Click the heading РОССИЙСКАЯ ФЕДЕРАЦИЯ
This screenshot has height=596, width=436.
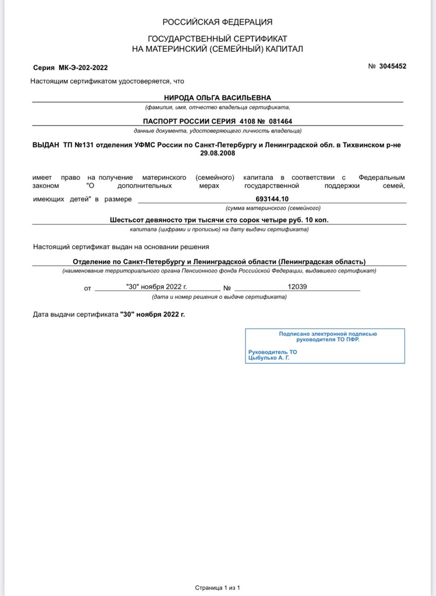[217, 22]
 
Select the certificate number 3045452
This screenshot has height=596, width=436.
[393, 66]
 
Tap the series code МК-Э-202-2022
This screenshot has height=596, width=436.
[83, 68]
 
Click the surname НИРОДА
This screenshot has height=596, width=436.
[179, 98]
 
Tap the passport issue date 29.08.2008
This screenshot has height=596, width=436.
[217, 153]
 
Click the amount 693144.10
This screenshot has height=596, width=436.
[272, 199]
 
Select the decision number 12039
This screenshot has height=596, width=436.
[297, 287]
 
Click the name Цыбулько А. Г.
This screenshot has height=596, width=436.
[269, 358]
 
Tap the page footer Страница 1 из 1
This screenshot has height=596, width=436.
[217, 588]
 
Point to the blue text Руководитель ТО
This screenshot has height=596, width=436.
[273, 352]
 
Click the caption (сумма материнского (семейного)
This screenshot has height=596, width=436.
[273, 208]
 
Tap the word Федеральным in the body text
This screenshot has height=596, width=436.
[382, 177]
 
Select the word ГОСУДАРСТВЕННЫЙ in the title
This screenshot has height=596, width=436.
[189, 39]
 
